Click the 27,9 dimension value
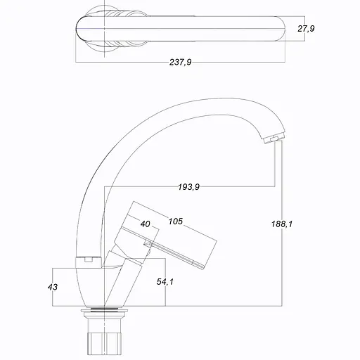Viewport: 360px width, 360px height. click(x=306, y=29)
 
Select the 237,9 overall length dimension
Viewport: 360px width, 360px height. click(x=180, y=62)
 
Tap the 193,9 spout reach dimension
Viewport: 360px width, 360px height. click(x=188, y=187)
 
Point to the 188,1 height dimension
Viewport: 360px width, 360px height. click(x=282, y=224)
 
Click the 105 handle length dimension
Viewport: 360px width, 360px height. click(x=176, y=221)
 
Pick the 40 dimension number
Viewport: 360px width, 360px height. click(x=145, y=224)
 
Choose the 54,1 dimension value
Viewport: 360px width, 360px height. click(x=165, y=281)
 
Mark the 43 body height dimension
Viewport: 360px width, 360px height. click(x=53, y=287)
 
